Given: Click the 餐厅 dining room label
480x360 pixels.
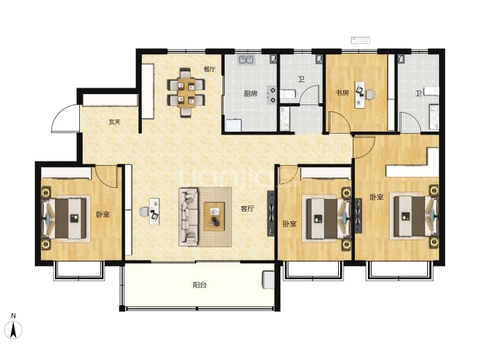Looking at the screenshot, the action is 209,69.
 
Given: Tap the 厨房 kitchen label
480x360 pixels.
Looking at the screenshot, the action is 250,93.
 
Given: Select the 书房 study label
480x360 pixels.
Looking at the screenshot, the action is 342,93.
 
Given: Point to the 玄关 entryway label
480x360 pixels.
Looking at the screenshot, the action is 115,122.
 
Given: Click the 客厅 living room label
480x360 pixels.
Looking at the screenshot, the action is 248,209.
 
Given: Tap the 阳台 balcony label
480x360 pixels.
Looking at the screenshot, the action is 200,285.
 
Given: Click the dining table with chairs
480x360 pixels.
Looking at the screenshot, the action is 186,93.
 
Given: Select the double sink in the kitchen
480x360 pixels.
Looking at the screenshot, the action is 246,59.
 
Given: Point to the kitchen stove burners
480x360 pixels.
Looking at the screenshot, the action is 271,95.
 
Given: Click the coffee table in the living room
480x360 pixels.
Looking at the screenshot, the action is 214,217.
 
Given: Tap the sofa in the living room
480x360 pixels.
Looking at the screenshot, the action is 189,217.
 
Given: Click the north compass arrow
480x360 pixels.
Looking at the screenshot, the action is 13,330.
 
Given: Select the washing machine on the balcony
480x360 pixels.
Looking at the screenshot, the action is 269,280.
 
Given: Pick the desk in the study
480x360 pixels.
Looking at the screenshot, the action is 360,95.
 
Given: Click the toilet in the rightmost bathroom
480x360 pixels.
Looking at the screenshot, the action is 431,91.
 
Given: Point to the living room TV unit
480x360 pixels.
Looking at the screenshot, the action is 271,213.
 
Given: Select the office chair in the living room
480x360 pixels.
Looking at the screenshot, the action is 143,212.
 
